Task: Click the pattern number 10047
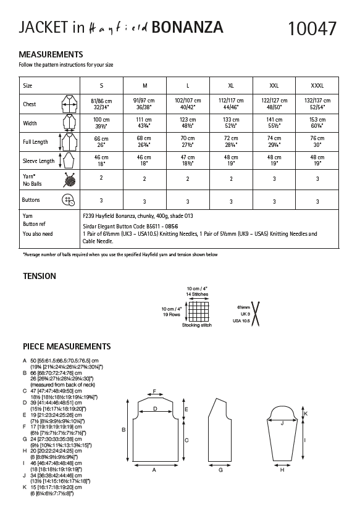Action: click(312, 28)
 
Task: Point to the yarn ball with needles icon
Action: click(65, 180)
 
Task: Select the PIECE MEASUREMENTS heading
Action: click(67, 346)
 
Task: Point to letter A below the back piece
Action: click(154, 469)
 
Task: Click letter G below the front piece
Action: click(220, 469)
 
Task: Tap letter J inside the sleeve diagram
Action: click(282, 423)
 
